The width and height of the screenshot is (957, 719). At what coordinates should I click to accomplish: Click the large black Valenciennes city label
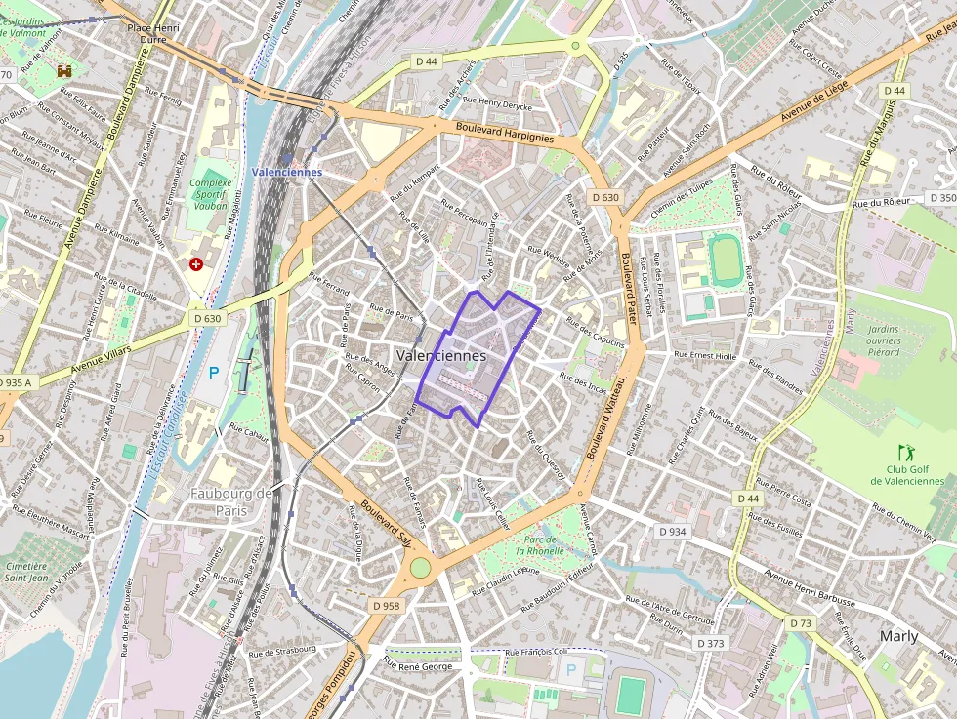point(441,356)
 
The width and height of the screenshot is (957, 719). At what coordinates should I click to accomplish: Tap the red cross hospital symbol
point(197,264)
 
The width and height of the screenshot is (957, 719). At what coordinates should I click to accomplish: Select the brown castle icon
point(65,72)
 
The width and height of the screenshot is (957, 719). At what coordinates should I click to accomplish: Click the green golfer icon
point(905,453)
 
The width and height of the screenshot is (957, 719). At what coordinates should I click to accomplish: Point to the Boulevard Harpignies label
point(505,134)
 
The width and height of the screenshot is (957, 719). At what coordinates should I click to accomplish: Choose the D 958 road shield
point(386,606)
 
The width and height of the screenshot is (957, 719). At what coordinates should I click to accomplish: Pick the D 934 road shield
point(673,532)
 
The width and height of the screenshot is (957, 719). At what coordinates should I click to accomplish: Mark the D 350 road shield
point(941,198)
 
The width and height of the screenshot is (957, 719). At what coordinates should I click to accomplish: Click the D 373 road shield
point(711,643)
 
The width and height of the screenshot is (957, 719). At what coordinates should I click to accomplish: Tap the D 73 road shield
point(799,622)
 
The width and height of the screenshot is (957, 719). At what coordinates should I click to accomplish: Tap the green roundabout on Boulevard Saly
point(420,567)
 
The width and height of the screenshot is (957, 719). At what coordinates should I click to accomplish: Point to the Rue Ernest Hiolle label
point(705,355)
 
